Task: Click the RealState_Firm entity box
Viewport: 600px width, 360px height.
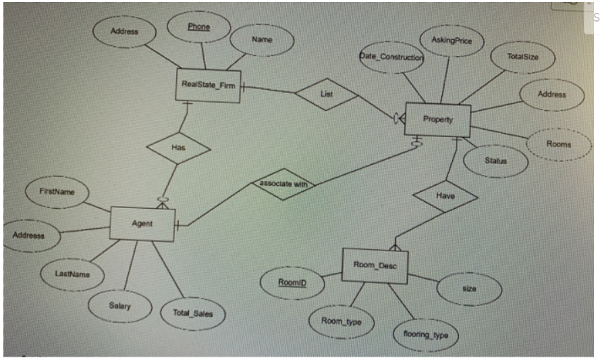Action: pos(208,85)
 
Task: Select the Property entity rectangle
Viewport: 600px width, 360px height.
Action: pos(438,120)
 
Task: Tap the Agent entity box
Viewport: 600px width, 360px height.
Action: pos(142,224)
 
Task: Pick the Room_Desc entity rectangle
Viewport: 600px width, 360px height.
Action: pos(375,265)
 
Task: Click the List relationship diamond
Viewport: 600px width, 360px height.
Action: pos(327,95)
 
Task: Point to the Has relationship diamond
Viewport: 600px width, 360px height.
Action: pos(178,148)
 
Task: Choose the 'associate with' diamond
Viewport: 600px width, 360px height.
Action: pos(282,184)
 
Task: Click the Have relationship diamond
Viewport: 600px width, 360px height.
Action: pos(445,196)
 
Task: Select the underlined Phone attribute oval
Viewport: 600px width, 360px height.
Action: pos(198,28)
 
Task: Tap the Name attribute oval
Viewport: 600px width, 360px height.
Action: pos(262,40)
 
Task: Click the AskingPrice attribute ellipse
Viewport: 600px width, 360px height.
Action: pos(452,41)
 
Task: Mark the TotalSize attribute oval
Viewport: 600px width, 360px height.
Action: pos(523,57)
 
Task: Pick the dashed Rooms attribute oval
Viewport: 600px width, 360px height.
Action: pos(558,145)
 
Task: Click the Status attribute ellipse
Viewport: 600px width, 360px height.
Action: pos(496,161)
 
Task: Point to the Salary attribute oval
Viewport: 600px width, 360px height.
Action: pos(120,306)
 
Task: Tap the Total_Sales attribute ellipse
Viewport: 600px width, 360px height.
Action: pos(192,313)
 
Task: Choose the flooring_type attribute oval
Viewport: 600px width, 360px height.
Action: pos(425,334)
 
